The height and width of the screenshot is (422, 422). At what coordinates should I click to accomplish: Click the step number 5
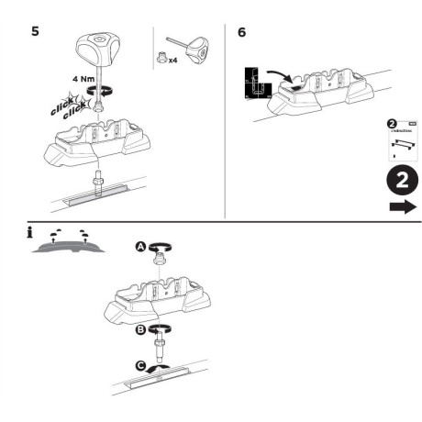click(x=36, y=30)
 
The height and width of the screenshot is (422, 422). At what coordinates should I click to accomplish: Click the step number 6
click(x=240, y=30)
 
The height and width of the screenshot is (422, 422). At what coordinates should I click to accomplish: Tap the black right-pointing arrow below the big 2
click(x=401, y=207)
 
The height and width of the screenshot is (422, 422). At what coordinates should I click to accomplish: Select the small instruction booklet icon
click(x=397, y=140)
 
